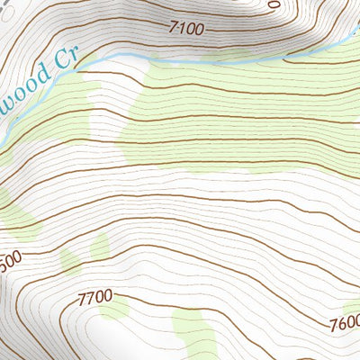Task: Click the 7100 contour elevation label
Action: tap(186, 29)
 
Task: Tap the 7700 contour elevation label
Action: tap(94, 296)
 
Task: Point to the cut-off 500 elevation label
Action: tap(9, 257)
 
